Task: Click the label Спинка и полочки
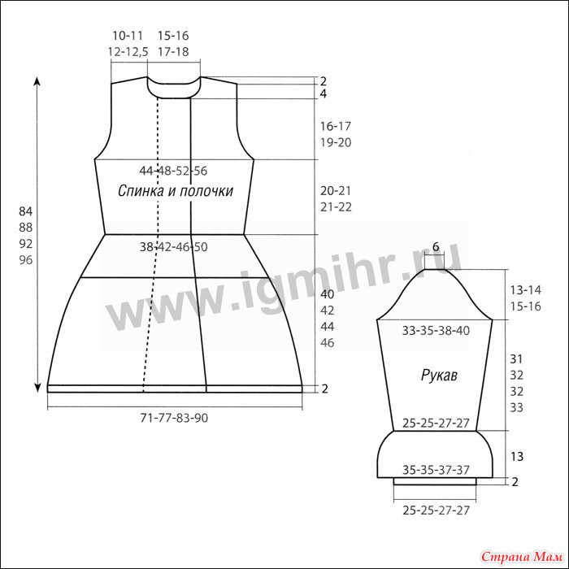point(176,191)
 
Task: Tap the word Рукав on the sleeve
point(439,375)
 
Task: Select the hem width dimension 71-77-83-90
point(174,418)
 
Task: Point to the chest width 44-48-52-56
point(173,171)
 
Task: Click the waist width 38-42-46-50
point(173,247)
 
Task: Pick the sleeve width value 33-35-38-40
point(436,331)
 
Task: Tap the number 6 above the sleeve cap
point(436,246)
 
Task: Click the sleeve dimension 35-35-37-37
point(436,470)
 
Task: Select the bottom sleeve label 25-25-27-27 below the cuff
point(436,510)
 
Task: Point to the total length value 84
point(26,211)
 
